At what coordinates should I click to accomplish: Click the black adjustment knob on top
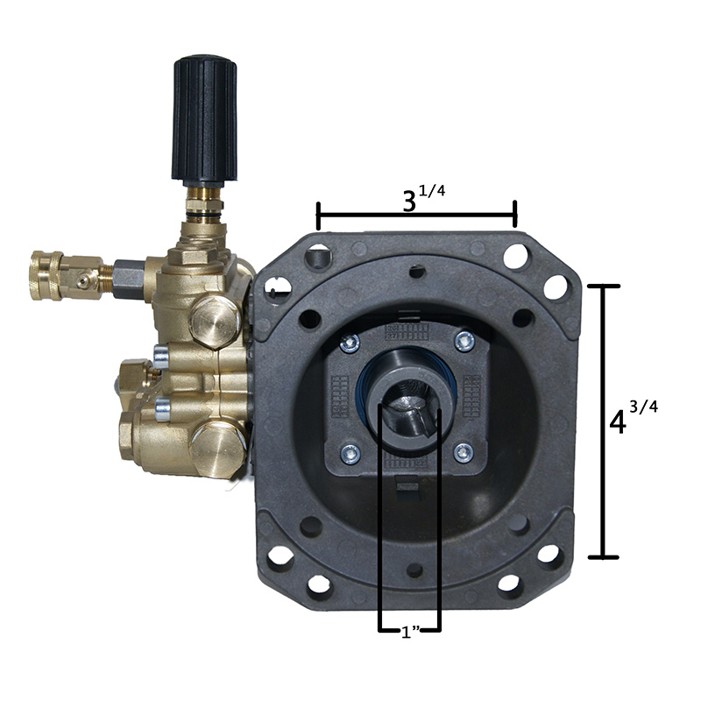coord(205,120)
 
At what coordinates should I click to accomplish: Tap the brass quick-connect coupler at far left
coord(47,275)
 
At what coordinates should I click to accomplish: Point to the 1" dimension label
coord(410,632)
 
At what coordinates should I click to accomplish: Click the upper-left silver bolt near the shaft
coord(349,343)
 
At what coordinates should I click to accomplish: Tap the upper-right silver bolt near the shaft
coord(465,342)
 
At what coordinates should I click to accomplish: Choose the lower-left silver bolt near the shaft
coord(350,454)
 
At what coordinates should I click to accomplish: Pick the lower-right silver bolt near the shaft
coord(464,453)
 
